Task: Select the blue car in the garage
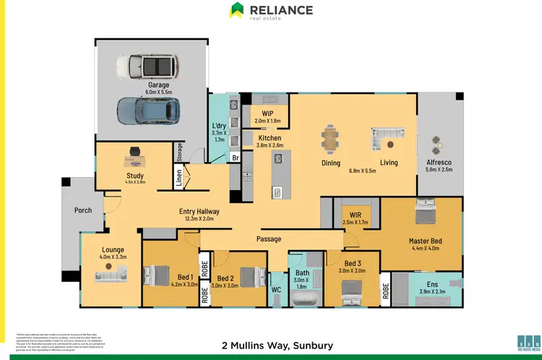[149, 111]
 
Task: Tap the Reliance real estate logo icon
[236, 10]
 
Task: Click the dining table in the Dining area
[330, 138]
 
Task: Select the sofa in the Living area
[387, 137]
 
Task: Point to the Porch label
[83, 210]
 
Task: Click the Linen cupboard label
[179, 177]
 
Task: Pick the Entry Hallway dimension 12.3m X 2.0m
[199, 219]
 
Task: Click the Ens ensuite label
[433, 285]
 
